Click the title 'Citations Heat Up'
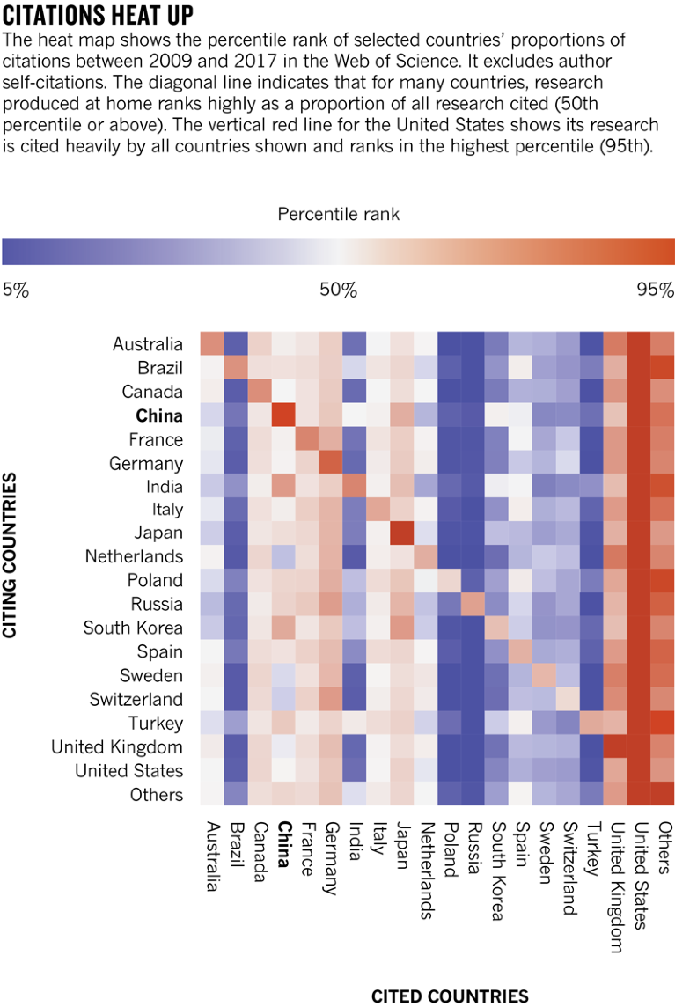tap(99, 16)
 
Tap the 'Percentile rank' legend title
tap(338, 214)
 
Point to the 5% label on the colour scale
tap(16, 290)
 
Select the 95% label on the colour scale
tap(655, 290)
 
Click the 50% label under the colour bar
tap(338, 290)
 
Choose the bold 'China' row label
tap(159, 415)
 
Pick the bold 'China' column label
tap(283, 844)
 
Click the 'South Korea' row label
tap(134, 628)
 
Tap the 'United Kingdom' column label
tap(616, 880)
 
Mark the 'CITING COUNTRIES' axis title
tap(11, 555)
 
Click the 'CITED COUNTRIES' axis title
tap(450, 996)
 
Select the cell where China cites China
tap(283, 415)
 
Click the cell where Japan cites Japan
tap(402, 533)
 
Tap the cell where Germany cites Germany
tap(331, 463)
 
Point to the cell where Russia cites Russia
tap(473, 605)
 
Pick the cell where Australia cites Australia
tap(212, 344)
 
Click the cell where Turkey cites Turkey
tap(591, 724)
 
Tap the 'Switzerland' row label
tap(136, 700)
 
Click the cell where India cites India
tap(355, 487)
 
